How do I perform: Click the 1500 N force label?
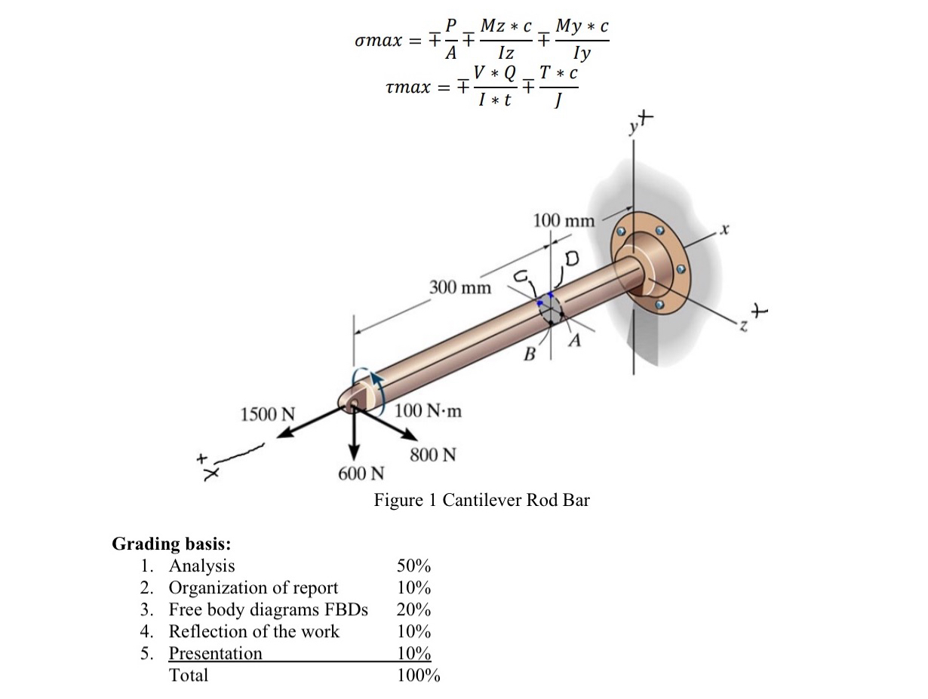[267, 414]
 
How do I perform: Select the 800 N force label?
[433, 455]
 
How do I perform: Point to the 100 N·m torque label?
[429, 411]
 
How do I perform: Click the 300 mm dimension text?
[459, 288]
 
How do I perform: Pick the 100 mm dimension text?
[564, 221]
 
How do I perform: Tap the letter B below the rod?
[530, 354]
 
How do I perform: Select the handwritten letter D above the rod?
[570, 259]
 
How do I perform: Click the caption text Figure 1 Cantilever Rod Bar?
[481, 500]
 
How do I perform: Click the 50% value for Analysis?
[413, 566]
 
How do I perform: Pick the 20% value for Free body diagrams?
[413, 610]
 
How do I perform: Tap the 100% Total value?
[418, 676]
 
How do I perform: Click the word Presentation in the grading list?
[215, 654]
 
